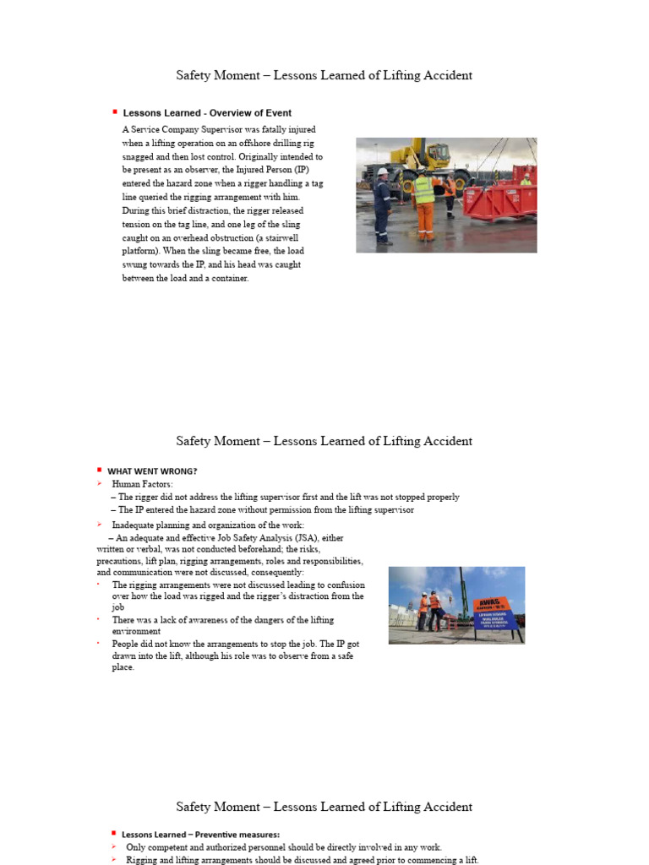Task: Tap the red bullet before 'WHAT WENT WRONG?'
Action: [99, 470]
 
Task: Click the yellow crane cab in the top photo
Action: [435, 156]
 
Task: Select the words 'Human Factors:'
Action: [142, 484]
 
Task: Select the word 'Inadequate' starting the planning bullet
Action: [134, 525]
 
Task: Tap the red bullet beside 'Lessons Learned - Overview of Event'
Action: [114, 112]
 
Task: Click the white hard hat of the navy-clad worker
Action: [383, 171]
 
